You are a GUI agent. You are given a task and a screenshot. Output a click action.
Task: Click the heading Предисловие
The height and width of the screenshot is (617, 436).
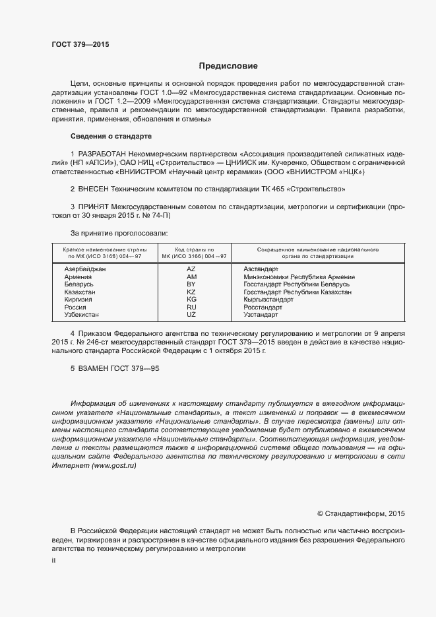coord(228,66)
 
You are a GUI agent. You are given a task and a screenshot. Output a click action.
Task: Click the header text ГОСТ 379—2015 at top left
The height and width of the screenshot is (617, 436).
coord(80,44)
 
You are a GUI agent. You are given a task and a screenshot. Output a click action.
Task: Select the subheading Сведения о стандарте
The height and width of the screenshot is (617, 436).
coord(111,136)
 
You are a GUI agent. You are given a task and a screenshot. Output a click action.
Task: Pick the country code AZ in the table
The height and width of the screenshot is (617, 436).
coord(191,269)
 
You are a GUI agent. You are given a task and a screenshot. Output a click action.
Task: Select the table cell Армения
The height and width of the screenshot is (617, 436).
coord(77,276)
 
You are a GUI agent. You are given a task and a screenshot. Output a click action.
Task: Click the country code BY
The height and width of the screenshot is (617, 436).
coord(191,284)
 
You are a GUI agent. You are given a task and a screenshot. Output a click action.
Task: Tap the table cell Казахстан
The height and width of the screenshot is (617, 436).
coord(80,292)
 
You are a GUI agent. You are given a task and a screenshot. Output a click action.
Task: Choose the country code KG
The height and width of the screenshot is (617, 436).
coord(191,299)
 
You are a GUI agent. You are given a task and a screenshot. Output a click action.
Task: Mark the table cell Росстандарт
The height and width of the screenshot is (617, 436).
coord(263,307)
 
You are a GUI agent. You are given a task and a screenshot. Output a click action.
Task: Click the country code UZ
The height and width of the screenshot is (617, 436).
coord(191,314)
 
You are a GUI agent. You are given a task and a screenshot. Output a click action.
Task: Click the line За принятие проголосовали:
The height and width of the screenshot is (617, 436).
coord(119,233)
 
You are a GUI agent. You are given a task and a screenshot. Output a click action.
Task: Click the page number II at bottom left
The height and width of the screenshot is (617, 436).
coord(53,560)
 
